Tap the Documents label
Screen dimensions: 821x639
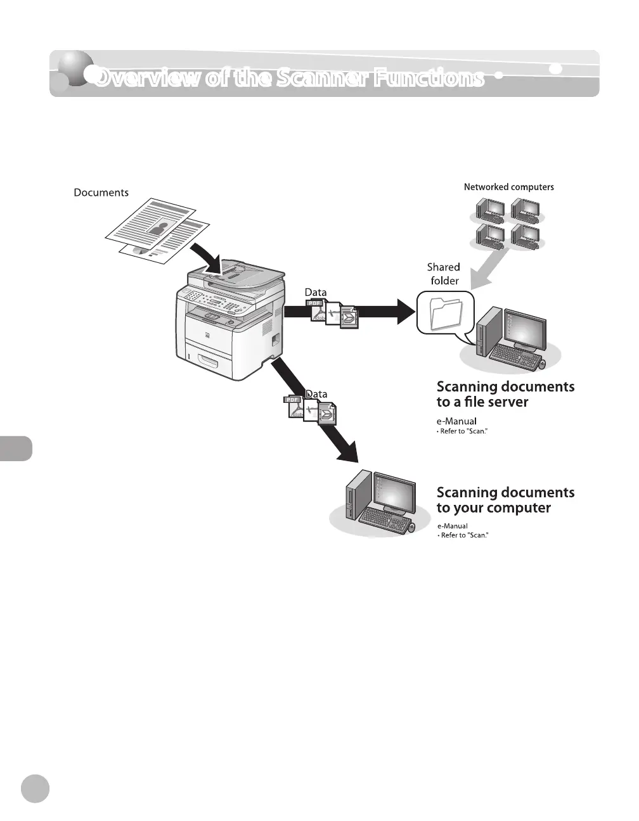point(101,193)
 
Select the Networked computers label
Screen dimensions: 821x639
point(508,187)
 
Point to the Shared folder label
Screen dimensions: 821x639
point(444,274)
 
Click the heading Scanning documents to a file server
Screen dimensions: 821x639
point(505,394)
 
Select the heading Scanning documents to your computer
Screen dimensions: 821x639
point(505,500)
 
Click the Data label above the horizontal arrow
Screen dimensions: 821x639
point(316,292)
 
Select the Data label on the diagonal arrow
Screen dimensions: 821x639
point(316,394)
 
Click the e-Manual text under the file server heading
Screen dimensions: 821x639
point(456,421)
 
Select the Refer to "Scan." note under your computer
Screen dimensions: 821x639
point(464,535)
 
